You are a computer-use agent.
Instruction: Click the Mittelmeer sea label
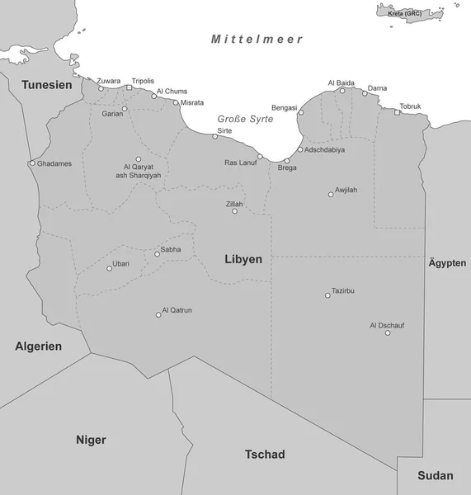[257, 39]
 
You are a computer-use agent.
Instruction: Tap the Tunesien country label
[46, 85]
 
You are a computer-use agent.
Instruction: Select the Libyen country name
[243, 259]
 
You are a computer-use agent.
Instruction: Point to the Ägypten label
[447, 263]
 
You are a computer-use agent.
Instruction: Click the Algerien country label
[39, 346]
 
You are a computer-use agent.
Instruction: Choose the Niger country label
[91, 439]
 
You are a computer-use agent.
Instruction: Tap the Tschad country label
[265, 455]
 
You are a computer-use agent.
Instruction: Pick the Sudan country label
[435, 475]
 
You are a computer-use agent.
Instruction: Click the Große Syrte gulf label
[245, 119]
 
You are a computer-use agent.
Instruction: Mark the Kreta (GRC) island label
[405, 13]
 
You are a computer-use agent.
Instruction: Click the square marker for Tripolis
[129, 87]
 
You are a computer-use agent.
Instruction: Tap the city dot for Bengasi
[301, 112]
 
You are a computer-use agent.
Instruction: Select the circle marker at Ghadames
[32, 163]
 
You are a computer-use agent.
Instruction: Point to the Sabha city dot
[157, 254]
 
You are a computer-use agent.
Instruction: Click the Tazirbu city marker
[327, 295]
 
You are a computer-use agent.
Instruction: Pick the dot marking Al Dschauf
[388, 332]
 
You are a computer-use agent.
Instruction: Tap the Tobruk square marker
[397, 112]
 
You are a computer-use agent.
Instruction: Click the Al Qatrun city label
[177, 310]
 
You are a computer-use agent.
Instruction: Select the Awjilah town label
[346, 191]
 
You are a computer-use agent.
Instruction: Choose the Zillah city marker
[234, 211]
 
